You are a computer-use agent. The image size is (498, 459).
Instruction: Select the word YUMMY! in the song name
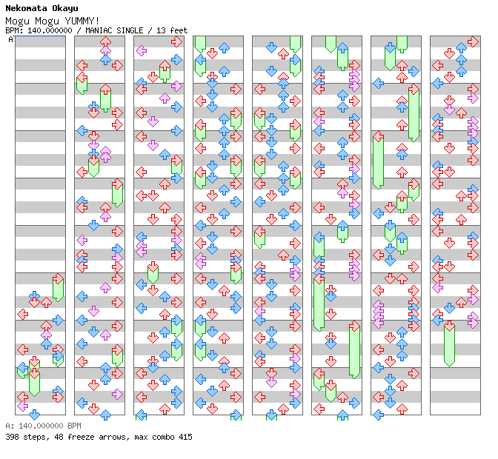coord(82,20)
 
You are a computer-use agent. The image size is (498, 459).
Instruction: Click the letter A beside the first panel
coord(10,39)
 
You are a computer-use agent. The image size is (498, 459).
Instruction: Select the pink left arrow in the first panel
coord(23,406)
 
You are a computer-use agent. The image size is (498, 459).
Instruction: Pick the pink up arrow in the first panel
coord(46,335)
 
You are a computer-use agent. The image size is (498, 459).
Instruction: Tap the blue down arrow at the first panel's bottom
coord(35,414)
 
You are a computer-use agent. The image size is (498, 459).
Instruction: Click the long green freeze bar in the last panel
coord(449,344)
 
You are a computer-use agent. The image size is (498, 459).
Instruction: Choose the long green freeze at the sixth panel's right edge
coord(354,349)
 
